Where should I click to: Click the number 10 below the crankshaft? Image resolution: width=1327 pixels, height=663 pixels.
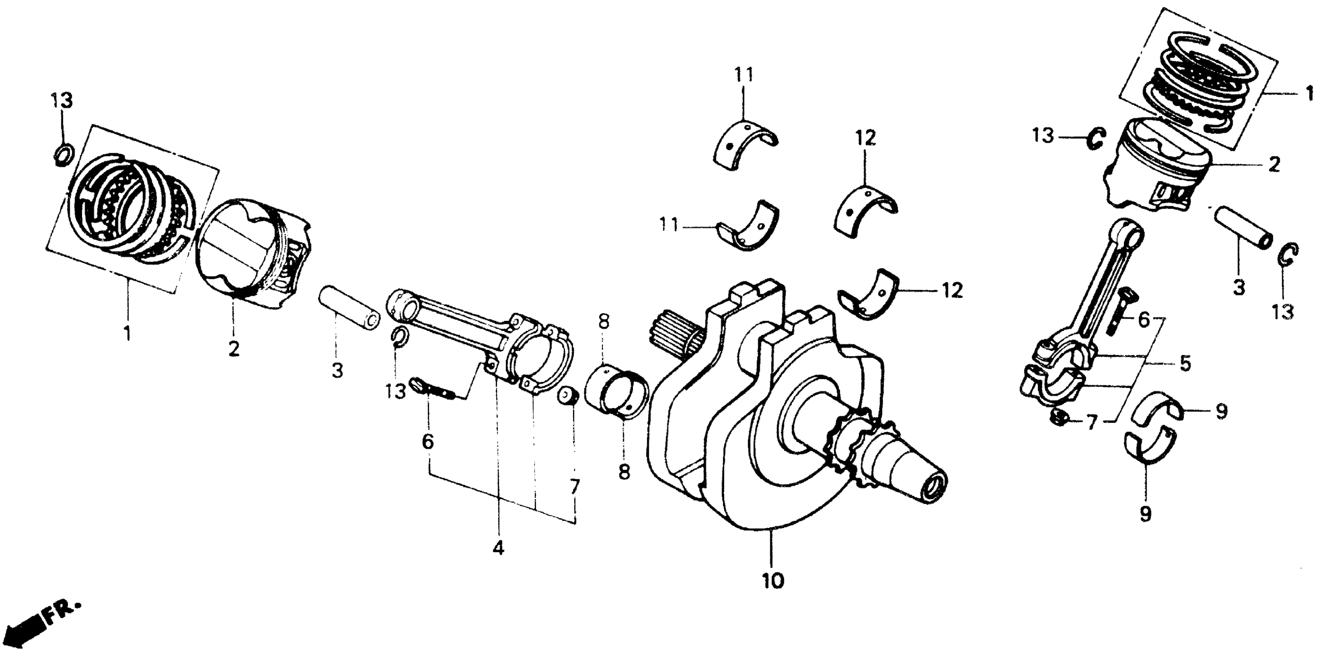tap(773, 581)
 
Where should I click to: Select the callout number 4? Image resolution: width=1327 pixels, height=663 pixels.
tap(498, 549)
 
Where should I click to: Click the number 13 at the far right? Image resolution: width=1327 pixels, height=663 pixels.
tap(1283, 312)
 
